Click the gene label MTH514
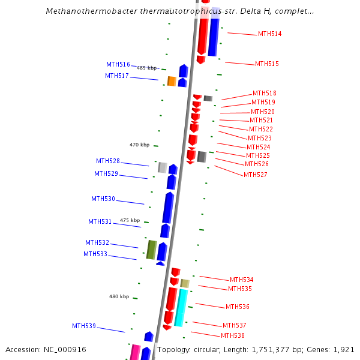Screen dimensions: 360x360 click(269, 34)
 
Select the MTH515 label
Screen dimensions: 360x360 click(266, 64)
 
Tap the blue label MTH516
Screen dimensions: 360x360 click(118, 65)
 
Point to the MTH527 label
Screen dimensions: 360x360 click(255, 175)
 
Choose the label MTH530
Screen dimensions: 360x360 click(103, 199)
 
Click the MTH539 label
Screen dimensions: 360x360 click(84, 326)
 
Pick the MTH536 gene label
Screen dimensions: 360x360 click(237, 307)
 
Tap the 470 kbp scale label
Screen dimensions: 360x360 click(139, 145)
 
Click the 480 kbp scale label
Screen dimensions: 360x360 click(119, 296)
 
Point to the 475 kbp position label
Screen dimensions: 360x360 click(130, 220)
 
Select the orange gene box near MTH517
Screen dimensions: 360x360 click(172, 81)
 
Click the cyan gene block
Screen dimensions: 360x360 click(181, 307)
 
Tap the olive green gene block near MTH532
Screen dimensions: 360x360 click(151, 250)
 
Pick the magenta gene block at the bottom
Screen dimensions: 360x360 click(135, 353)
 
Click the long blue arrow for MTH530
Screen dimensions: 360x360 click(168, 208)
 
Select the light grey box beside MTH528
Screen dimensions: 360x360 click(162, 167)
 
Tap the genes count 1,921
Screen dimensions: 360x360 click(344, 349)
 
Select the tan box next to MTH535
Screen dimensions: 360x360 click(185, 283)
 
